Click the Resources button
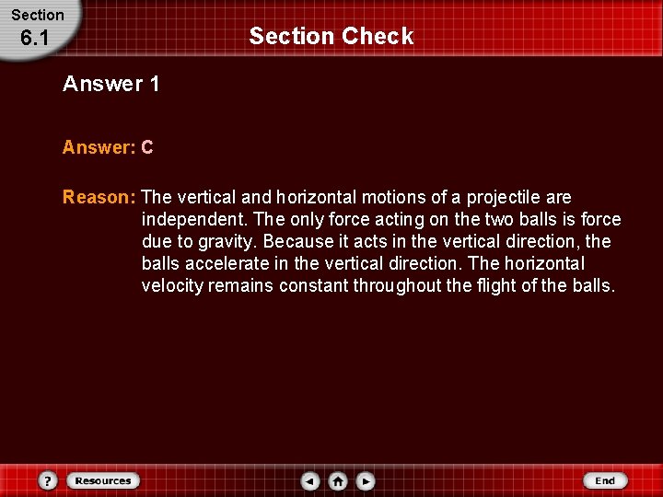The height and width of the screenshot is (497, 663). pyautogui.click(x=102, y=480)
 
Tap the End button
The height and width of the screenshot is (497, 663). pyautogui.click(x=605, y=480)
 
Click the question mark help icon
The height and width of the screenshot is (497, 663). pyautogui.click(x=49, y=480)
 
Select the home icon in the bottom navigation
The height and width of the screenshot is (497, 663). pyautogui.click(x=338, y=480)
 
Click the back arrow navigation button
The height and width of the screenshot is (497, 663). pyautogui.click(x=311, y=480)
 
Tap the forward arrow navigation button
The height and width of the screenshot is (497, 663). pyautogui.click(x=365, y=480)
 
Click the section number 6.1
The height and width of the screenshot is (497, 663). pyautogui.click(x=34, y=39)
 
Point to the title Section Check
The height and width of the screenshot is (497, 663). pyautogui.click(x=331, y=37)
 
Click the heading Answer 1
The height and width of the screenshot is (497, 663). pyautogui.click(x=111, y=85)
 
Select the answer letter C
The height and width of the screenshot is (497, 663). pyautogui.click(x=147, y=147)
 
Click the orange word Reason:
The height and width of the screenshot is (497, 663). pyautogui.click(x=99, y=198)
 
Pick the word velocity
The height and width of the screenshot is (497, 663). pyautogui.click(x=172, y=286)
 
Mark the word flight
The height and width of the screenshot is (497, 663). pyautogui.click(x=498, y=286)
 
